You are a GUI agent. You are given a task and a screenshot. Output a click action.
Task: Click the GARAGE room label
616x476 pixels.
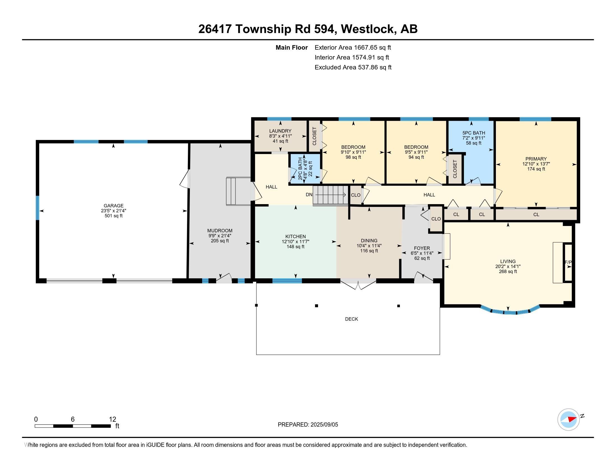pyautogui.click(x=113, y=206)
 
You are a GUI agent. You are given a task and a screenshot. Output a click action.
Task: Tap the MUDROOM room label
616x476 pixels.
pyautogui.click(x=220, y=231)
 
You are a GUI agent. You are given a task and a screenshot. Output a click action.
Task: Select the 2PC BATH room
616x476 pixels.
pyautogui.click(x=305, y=169)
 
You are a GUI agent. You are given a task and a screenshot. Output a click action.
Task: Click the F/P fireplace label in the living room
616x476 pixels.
pyautogui.click(x=568, y=263)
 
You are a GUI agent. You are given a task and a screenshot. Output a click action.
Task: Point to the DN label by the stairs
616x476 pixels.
pyautogui.click(x=309, y=195)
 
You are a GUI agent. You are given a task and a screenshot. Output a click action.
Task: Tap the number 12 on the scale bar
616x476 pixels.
pyautogui.click(x=112, y=419)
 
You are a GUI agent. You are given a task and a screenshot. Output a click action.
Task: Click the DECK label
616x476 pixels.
pyautogui.click(x=351, y=319)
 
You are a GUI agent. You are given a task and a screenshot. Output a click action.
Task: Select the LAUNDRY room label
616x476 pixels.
pyautogui.click(x=280, y=131)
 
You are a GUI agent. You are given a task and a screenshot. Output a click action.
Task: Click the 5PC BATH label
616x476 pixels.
pyautogui.click(x=474, y=133)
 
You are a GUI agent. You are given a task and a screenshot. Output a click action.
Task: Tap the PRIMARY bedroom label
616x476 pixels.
pyautogui.click(x=536, y=159)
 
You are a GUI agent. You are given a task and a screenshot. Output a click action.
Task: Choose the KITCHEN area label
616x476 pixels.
pyautogui.click(x=296, y=237)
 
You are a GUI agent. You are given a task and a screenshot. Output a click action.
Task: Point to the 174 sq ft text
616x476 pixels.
pyautogui.click(x=536, y=169)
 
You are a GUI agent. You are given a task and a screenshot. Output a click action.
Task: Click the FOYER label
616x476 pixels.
pyautogui.click(x=422, y=248)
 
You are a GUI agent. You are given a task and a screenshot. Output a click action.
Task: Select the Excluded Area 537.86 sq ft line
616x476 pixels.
pyautogui.click(x=353, y=67)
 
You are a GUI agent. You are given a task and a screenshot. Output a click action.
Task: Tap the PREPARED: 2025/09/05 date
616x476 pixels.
pyautogui.click(x=308, y=425)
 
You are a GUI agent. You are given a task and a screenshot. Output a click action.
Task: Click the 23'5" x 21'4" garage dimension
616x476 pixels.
pyautogui.click(x=113, y=211)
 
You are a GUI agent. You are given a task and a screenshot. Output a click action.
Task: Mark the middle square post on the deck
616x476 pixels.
pyautogui.click(x=316, y=306)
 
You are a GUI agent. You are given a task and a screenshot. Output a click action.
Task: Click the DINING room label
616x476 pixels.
pyautogui.click(x=369, y=241)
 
